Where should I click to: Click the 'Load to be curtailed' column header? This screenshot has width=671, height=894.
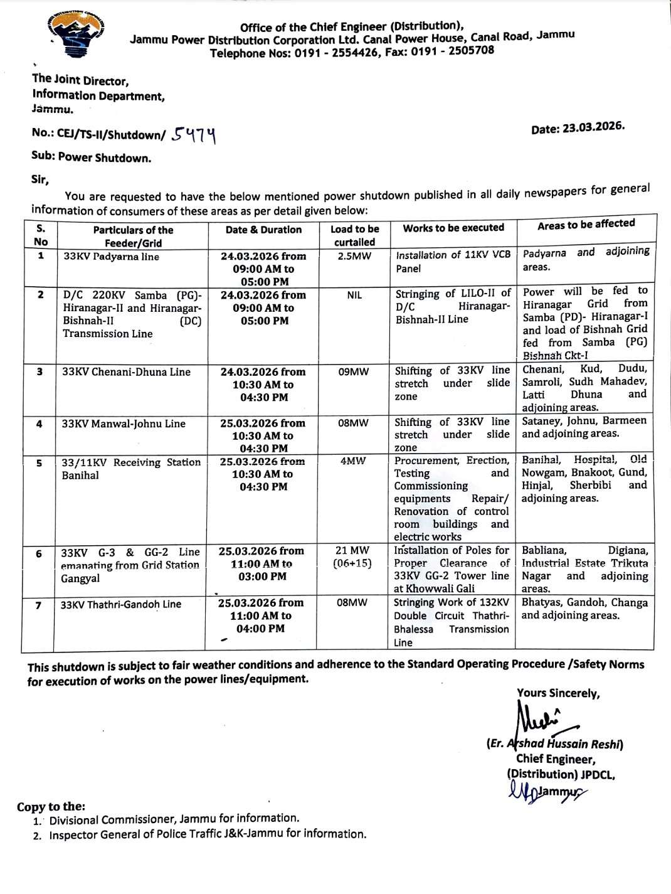[354, 235]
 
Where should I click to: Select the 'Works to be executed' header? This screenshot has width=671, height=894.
[453, 228]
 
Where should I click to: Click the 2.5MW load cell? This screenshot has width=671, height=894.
[354, 256]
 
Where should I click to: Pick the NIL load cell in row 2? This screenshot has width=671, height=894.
[354, 295]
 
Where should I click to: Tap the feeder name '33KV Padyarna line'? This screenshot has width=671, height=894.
[111, 257]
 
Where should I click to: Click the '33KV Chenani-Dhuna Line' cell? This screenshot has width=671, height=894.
[126, 372]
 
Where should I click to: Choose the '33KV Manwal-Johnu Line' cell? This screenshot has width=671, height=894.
[124, 424]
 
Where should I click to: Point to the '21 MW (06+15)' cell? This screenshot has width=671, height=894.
[352, 557]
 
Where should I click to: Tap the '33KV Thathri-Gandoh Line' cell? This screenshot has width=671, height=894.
[121, 605]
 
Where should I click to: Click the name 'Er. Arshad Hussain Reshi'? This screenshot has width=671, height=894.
[555, 744]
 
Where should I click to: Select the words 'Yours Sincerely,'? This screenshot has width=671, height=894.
[558, 693]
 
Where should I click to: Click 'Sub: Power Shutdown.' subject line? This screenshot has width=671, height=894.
[92, 157]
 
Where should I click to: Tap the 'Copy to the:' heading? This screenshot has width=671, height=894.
[51, 807]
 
